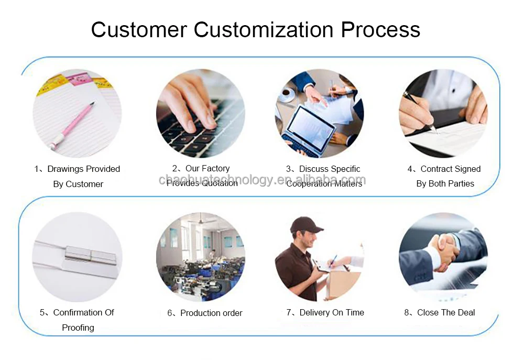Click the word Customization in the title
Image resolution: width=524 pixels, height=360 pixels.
tap(264, 29)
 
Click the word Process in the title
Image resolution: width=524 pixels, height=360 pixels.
tap(380, 29)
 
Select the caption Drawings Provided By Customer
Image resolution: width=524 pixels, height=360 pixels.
tap(78, 176)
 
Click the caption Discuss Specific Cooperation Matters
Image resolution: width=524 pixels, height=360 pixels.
tap(324, 176)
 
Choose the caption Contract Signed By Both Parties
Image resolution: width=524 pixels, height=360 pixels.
tap(444, 176)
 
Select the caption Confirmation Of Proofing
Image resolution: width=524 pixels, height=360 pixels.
tap(78, 320)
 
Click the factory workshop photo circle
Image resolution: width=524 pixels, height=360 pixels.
tap(200, 257)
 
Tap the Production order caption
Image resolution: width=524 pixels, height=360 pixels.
tap(205, 313)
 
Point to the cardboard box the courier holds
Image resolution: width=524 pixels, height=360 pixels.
tap(343, 283)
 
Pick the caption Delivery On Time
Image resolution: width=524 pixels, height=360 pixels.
tap(325, 312)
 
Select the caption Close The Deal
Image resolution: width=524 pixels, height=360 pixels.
tap(440, 312)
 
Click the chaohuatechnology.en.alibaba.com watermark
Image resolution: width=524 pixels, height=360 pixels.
tap(262, 181)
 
